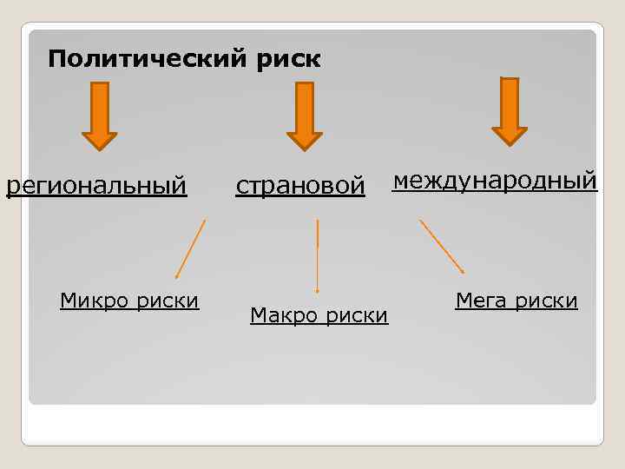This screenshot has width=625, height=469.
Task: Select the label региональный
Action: pyautogui.click(x=96, y=186)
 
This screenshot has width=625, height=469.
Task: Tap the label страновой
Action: pyautogui.click(x=300, y=186)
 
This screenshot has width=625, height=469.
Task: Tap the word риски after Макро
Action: pyautogui.click(x=356, y=314)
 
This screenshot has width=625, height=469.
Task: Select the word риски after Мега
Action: pyautogui.click(x=545, y=301)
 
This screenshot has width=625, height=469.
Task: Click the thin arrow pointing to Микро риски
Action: pyautogui.click(x=190, y=249)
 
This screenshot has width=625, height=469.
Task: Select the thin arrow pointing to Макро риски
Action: pyautogui.click(x=318, y=256)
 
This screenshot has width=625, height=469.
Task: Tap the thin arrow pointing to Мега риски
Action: pyautogui.click(x=442, y=247)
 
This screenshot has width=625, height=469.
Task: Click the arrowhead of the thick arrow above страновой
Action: pyautogui.click(x=305, y=140)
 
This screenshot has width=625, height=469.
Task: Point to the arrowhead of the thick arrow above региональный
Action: pyautogui.click(x=100, y=140)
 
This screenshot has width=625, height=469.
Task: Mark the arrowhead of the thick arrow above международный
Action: pyautogui.click(x=510, y=135)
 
